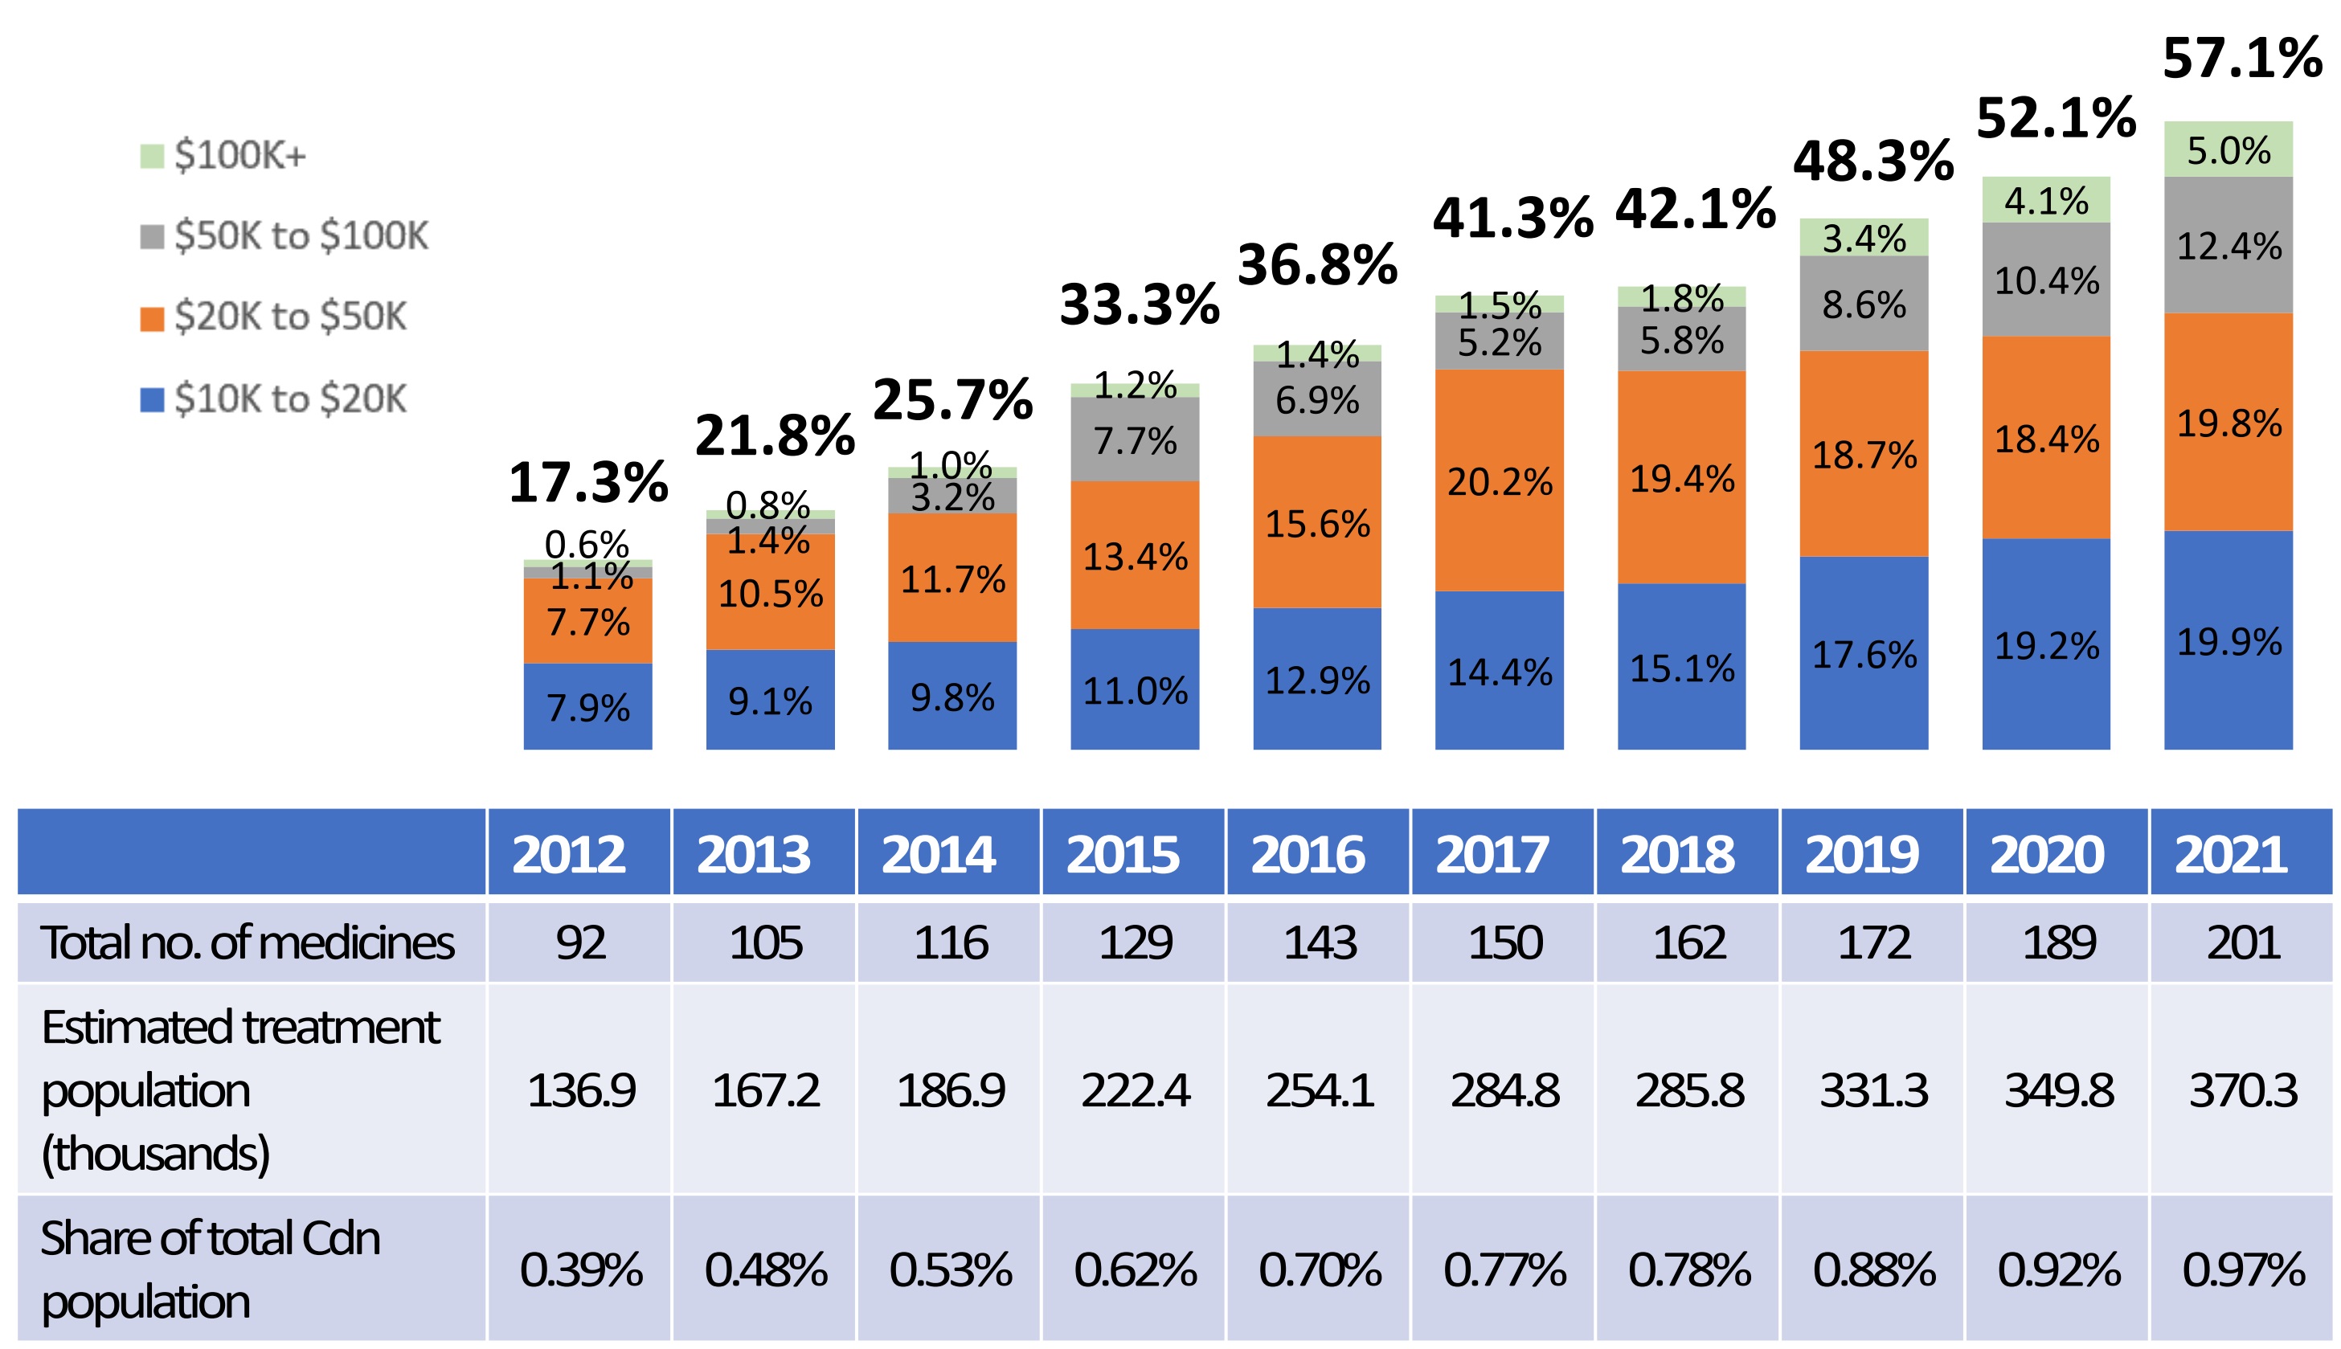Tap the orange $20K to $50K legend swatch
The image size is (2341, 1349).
[x=152, y=318]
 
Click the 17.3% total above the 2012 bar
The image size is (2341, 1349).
[x=587, y=483]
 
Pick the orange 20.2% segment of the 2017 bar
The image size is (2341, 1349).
[x=1499, y=480]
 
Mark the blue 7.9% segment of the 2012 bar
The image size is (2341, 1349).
[x=587, y=707]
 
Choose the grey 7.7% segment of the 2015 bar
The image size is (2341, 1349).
[x=1135, y=440]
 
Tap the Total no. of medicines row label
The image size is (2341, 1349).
[x=248, y=943]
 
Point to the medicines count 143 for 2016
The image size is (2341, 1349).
[x=1319, y=943]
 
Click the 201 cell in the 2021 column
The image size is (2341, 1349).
[x=2242, y=943]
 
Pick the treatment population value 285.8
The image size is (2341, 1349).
[x=1688, y=1090]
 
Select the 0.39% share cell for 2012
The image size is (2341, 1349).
[x=580, y=1269]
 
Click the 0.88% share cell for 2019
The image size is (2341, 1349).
[x=1873, y=1269]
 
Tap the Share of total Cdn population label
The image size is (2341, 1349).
[x=211, y=1269]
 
